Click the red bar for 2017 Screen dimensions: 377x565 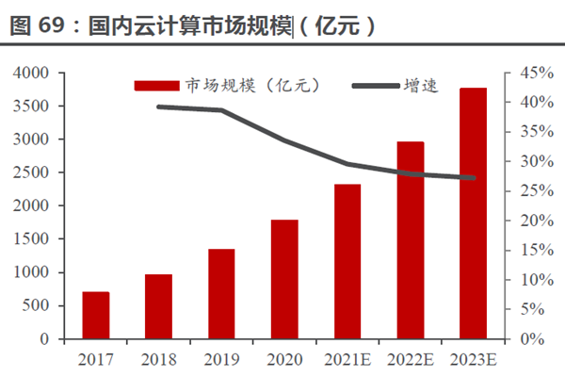pos(96,315)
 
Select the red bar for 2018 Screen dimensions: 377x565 pos(158,306)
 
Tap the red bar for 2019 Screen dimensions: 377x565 pos(221,293)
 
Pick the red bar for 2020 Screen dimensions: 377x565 pos(284,279)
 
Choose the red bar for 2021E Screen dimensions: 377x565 pos(347,261)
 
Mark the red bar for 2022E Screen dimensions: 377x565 pos(411,240)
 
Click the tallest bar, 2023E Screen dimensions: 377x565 pos(474,213)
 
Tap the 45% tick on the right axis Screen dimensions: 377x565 pos(525,73)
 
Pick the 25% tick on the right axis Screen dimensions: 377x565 pos(525,191)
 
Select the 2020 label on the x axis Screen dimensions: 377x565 pos(284,359)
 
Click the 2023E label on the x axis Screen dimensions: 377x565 pos(474,359)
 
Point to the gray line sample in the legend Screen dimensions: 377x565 pos(374,86)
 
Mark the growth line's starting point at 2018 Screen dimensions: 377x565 pos(158,107)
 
